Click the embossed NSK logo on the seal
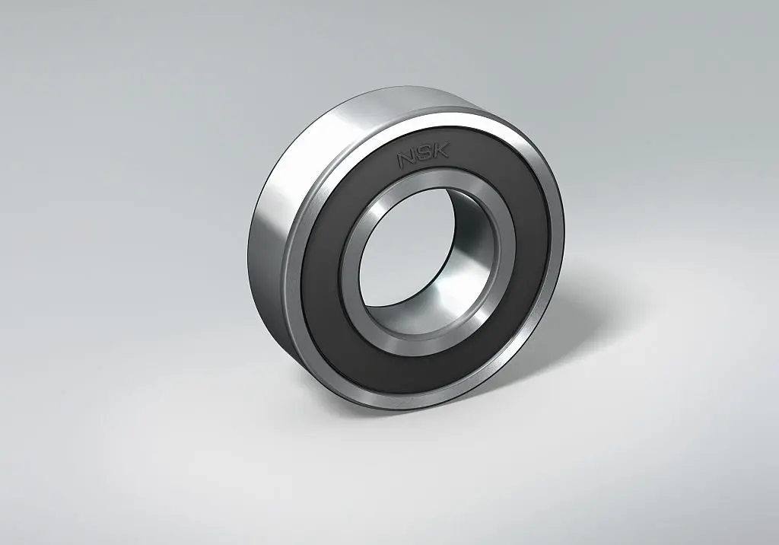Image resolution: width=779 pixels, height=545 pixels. [x=423, y=155]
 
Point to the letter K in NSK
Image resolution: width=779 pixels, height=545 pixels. [x=440, y=149]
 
